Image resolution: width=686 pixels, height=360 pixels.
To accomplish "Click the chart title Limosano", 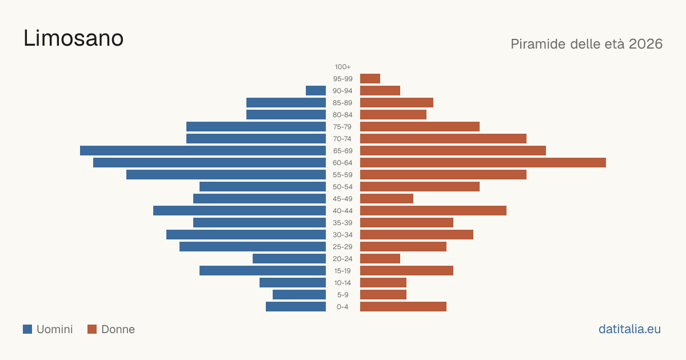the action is point(74,38).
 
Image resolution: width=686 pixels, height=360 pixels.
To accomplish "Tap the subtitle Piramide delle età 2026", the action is point(587,44).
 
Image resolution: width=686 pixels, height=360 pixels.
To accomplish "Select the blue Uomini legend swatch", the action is point(27,329).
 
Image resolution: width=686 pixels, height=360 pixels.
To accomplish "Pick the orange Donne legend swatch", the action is point(92,329).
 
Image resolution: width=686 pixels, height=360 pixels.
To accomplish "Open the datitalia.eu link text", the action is point(629,329).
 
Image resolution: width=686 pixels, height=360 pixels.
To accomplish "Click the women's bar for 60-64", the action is point(483,162).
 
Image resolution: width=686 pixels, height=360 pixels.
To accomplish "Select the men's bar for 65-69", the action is point(203,151).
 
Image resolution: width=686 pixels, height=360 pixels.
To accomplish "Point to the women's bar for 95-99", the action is point(370,79).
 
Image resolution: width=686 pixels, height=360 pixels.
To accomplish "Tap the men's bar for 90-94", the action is point(316,91).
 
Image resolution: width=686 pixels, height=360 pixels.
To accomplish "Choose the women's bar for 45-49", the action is point(386,199).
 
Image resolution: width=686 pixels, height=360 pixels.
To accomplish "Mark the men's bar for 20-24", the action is point(289,259).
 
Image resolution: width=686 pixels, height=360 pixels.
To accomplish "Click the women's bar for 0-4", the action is point(403,307).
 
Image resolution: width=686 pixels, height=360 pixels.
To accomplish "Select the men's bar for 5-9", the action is point(299,295).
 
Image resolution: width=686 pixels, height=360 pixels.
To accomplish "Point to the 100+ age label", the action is point(342,67).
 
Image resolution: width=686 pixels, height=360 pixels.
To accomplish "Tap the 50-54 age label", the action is point(342,187).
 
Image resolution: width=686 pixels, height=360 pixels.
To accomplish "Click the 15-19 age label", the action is point(342,271).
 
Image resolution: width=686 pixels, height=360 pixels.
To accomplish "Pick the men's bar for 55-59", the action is point(226,174).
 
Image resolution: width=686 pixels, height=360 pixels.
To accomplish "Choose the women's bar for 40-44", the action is point(433,211).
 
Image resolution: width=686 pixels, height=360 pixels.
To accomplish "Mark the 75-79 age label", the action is point(342,127).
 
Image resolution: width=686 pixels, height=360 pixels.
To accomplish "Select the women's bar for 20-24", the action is point(380,259).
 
